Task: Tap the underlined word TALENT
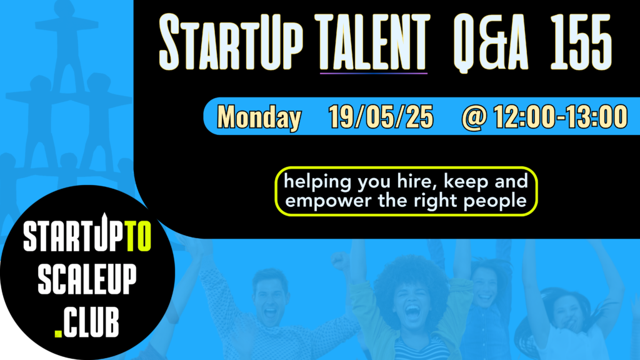[374, 42]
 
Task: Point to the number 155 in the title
[581, 42]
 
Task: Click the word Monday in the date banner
[259, 117]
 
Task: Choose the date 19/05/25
[381, 117]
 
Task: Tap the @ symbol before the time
[474, 117]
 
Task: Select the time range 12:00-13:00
[561, 117]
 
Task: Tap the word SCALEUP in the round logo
[87, 279]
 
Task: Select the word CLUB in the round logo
[91, 322]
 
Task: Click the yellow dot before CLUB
[58, 333]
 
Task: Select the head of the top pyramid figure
[64, 9]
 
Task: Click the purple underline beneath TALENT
[374, 73]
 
